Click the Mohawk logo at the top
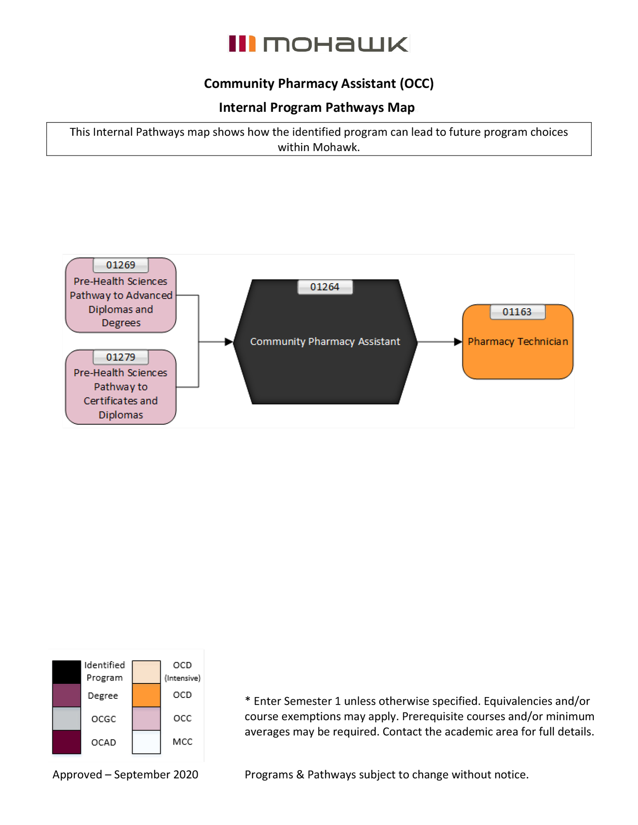point(318,44)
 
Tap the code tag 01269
point(121,265)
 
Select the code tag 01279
point(121,357)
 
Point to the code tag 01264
point(325,287)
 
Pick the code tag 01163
point(517,312)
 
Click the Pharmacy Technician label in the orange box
point(517,342)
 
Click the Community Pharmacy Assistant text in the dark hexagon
point(325,342)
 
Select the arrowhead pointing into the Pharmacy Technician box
point(458,342)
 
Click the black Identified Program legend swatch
point(66,672)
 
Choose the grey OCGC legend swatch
point(66,718)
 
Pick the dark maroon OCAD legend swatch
point(66,742)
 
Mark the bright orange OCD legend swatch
point(146,695)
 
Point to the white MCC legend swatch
point(146,742)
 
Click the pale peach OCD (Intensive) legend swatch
point(146,672)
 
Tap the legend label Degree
point(103,695)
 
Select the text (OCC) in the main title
point(416,83)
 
